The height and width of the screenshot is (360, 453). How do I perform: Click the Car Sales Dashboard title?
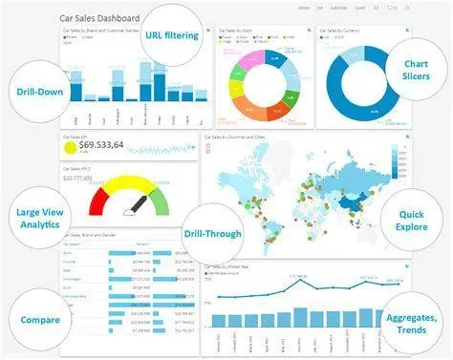pyautogui.click(x=98, y=17)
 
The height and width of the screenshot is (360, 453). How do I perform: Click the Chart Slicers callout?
pyautogui.click(x=415, y=70)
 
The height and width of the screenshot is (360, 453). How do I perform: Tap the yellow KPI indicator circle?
pyautogui.click(x=70, y=146)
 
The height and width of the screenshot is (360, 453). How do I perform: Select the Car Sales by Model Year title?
pyautogui.click(x=234, y=269)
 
